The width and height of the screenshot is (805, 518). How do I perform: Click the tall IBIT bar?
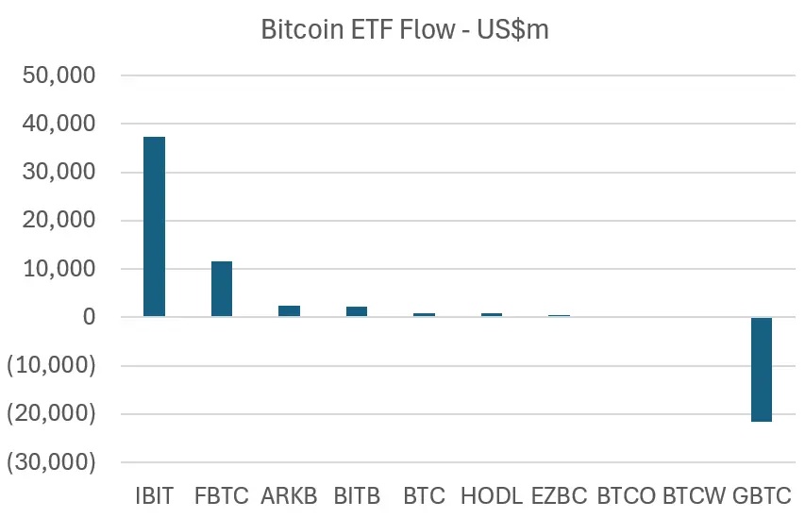coord(154,226)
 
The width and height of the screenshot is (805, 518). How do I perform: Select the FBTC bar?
coord(222,289)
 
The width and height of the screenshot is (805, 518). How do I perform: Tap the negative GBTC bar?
coord(762,369)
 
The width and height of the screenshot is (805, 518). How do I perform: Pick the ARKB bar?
coord(289,310)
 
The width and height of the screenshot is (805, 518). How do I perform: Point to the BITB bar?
coord(357,311)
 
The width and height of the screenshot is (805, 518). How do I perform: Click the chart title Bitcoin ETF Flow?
coord(404,30)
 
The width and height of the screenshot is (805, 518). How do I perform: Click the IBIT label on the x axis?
coord(154,495)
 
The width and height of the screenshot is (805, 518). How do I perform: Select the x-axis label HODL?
coord(492,495)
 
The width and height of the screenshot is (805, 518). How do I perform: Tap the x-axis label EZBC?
coord(560,495)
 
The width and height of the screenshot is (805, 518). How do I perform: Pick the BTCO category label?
coord(627,495)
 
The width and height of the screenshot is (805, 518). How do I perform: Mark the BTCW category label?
coord(695,495)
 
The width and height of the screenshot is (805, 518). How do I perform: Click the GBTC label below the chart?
coord(762,495)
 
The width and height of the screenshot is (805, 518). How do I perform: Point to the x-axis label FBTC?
coord(222,495)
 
